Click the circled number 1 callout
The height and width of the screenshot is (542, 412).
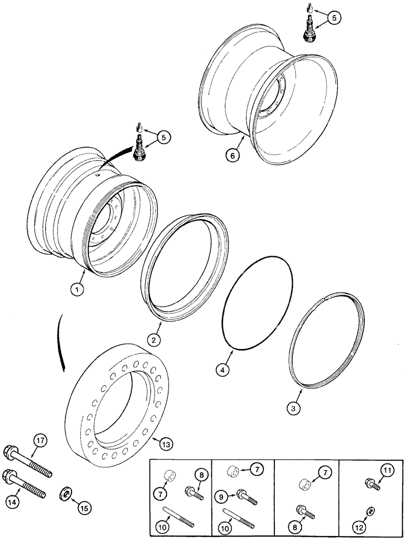[80, 290]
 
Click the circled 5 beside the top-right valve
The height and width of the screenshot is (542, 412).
[337, 18]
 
